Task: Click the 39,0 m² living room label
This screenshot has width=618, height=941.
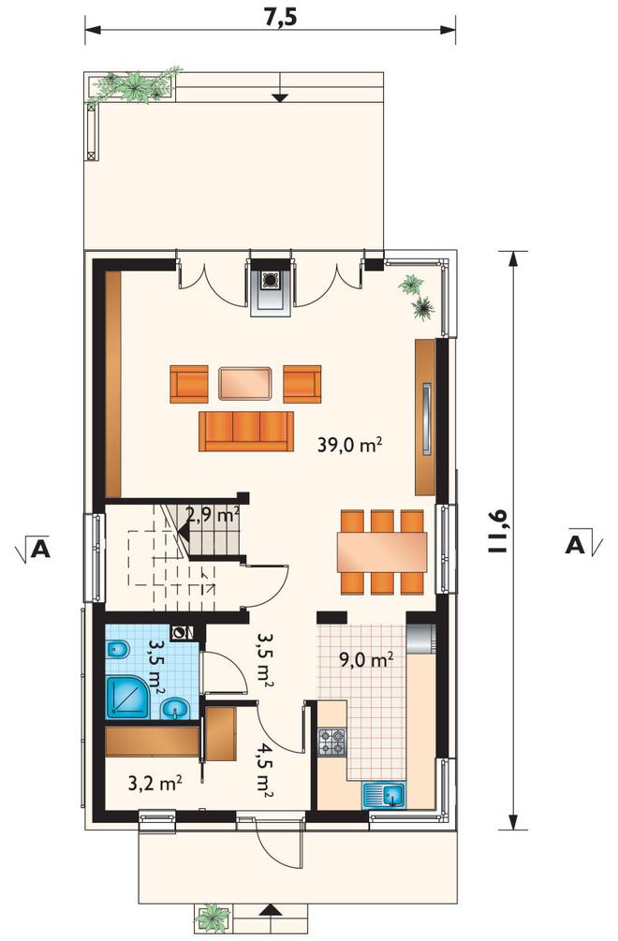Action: coord(350,445)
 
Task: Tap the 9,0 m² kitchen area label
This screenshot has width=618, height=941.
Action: coord(367,659)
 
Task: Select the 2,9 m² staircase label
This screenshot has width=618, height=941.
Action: coord(213,516)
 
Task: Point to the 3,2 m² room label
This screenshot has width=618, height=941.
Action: coord(156,783)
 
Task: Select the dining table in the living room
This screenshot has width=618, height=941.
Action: coord(382,552)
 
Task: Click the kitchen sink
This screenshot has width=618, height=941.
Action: coord(384,795)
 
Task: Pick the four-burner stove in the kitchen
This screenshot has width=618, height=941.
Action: coord(331,742)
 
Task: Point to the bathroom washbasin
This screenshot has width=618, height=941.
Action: coord(175,710)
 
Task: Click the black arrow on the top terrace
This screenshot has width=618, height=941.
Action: coord(280,97)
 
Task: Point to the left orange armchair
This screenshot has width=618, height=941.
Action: coord(189,384)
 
